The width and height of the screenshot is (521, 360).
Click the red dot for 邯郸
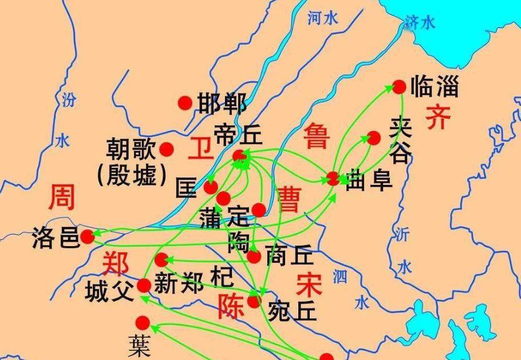184,102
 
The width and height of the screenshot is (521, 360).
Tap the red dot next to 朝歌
167,149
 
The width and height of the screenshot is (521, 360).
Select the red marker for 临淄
399,86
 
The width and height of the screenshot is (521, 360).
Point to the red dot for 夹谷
374,137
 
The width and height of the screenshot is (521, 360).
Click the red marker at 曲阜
333,178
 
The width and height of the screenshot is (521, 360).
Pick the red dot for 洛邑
87,236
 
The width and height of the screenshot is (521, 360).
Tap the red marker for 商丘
254,256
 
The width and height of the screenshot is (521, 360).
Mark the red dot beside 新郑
162,259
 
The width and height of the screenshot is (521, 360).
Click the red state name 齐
438,116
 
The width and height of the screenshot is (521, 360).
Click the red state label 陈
231,306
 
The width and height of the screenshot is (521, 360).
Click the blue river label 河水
323,18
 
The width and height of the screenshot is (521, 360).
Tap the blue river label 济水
420,22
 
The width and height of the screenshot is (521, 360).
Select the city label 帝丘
238,134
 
